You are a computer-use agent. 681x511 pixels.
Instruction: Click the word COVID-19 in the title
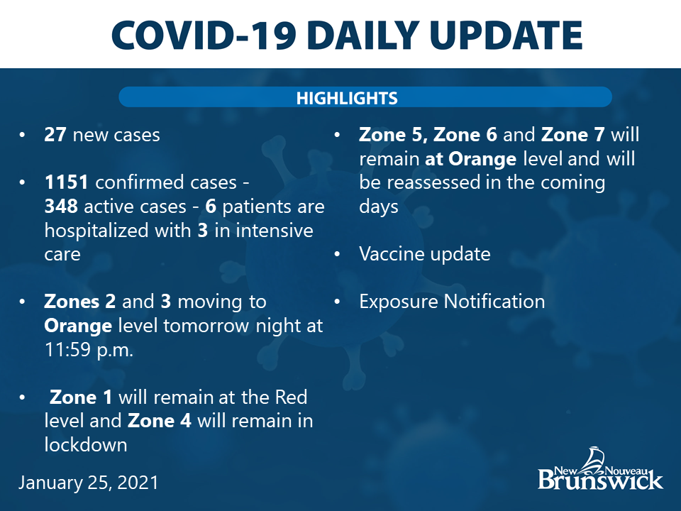[204, 35]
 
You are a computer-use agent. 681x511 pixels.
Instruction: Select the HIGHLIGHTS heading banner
[365, 97]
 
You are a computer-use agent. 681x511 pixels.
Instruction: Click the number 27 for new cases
[55, 135]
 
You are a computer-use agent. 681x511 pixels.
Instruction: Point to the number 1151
[67, 182]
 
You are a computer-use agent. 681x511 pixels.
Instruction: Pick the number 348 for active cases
[61, 207]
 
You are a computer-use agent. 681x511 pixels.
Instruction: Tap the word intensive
[275, 230]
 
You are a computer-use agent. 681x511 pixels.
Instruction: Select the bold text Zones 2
[80, 302]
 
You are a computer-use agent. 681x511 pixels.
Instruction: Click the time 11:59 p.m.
[89, 350]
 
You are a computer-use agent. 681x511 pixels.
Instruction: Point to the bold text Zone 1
[81, 397]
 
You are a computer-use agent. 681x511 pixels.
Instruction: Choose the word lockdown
[86, 444]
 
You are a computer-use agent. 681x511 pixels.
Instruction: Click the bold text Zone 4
[160, 421]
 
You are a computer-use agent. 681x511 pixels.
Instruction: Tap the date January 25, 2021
[88, 483]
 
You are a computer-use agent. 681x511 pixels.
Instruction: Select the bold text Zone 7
[573, 135]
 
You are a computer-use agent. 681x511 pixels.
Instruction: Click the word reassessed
[433, 182]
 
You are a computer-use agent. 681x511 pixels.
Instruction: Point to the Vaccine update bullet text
[425, 254]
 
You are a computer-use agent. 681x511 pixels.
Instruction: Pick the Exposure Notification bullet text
[452, 302]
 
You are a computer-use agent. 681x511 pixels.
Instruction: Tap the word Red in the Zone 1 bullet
[291, 397]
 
